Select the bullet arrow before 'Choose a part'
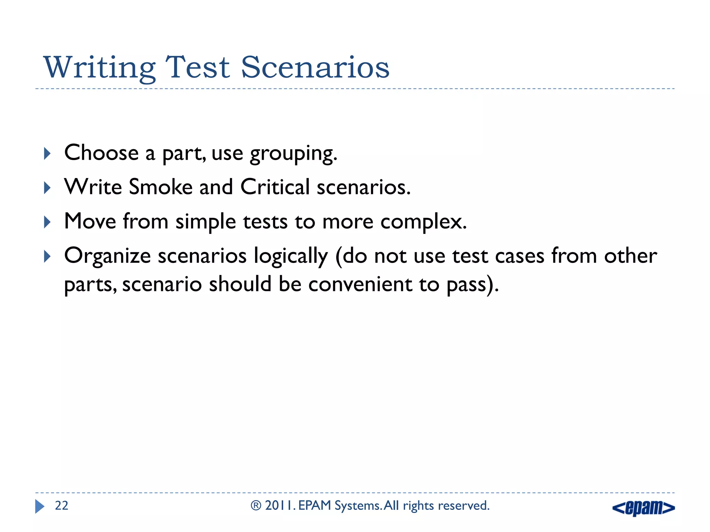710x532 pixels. (x=47, y=153)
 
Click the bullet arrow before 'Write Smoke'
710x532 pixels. (x=47, y=188)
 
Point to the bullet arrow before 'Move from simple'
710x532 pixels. (x=47, y=222)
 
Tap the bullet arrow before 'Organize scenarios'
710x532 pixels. (x=47, y=257)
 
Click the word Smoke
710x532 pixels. (x=160, y=187)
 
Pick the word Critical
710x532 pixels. (x=275, y=187)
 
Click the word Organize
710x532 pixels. (x=107, y=257)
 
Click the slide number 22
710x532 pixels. (x=62, y=506)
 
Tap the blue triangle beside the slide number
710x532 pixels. (x=40, y=506)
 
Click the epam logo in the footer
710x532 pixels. (x=643, y=508)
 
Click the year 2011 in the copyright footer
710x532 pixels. (x=280, y=506)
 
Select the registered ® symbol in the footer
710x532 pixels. (x=256, y=506)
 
